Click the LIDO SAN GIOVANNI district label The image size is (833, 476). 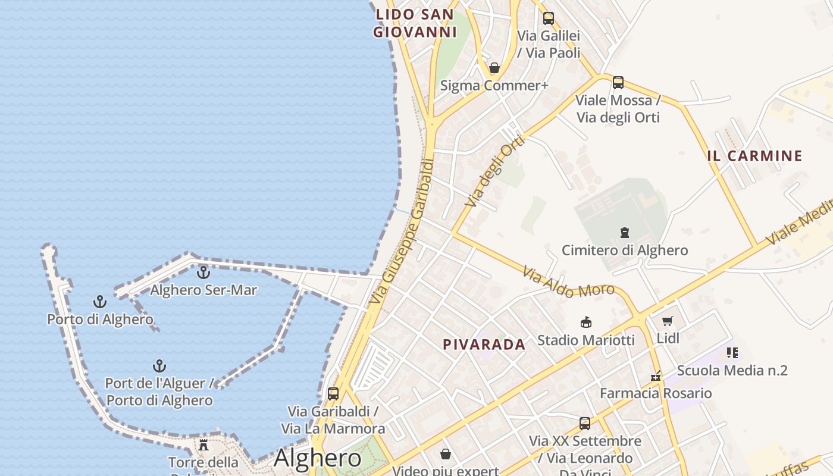coord(415,23)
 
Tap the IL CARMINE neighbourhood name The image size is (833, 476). coord(754,156)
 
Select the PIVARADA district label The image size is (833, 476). coord(484,344)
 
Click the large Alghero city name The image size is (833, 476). coord(317,458)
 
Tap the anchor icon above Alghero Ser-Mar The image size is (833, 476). coord(203,273)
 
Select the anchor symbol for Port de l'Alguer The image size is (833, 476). coord(159,365)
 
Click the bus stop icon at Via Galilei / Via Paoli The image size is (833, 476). coord(548,18)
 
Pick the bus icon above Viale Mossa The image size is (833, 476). coord(618,83)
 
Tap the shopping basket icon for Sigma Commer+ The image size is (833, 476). coord(494,68)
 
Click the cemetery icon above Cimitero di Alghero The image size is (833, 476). coord(625,232)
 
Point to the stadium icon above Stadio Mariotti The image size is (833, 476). coord(586,322)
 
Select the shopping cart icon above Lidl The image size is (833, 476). coord(668,321)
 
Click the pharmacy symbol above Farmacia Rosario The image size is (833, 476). coord(656,376)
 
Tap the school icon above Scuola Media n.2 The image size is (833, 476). coord(732,353)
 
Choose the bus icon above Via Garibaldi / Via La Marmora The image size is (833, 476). coord(333,393)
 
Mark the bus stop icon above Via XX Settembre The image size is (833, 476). coord(585,424)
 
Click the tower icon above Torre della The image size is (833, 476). coord(203,445)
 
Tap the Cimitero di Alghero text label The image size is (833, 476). coord(625,250)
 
